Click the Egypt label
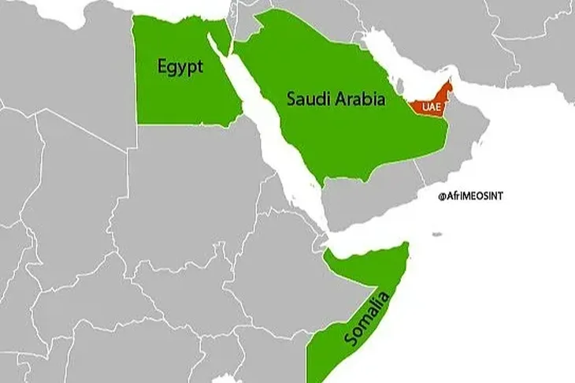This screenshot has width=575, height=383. click(x=180, y=67)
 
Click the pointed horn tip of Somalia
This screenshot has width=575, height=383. click(x=406, y=247)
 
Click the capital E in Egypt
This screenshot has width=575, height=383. click(x=162, y=66)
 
